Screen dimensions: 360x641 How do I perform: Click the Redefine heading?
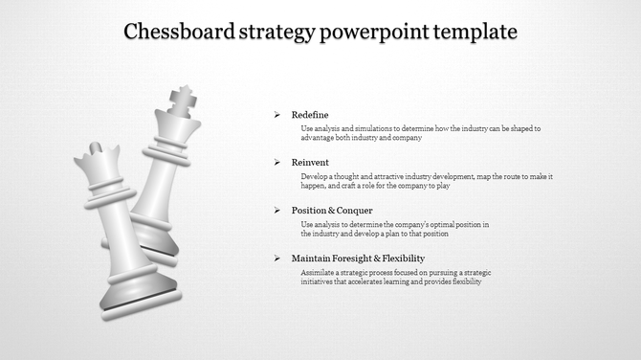tap(310, 115)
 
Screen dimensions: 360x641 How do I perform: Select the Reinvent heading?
tap(310, 163)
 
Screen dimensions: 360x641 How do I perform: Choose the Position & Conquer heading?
tap(332, 211)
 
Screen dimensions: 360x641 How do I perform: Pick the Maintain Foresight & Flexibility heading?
tap(358, 259)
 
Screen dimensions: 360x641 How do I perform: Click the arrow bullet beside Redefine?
tap(276, 115)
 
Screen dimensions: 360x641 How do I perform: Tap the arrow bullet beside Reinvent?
tap(276, 163)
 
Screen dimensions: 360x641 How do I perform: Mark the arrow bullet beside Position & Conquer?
tap(276, 211)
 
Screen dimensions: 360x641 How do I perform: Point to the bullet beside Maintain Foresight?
tap(276, 259)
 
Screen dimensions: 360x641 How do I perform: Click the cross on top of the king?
tap(181, 97)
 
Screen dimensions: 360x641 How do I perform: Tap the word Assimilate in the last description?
tap(318, 273)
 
